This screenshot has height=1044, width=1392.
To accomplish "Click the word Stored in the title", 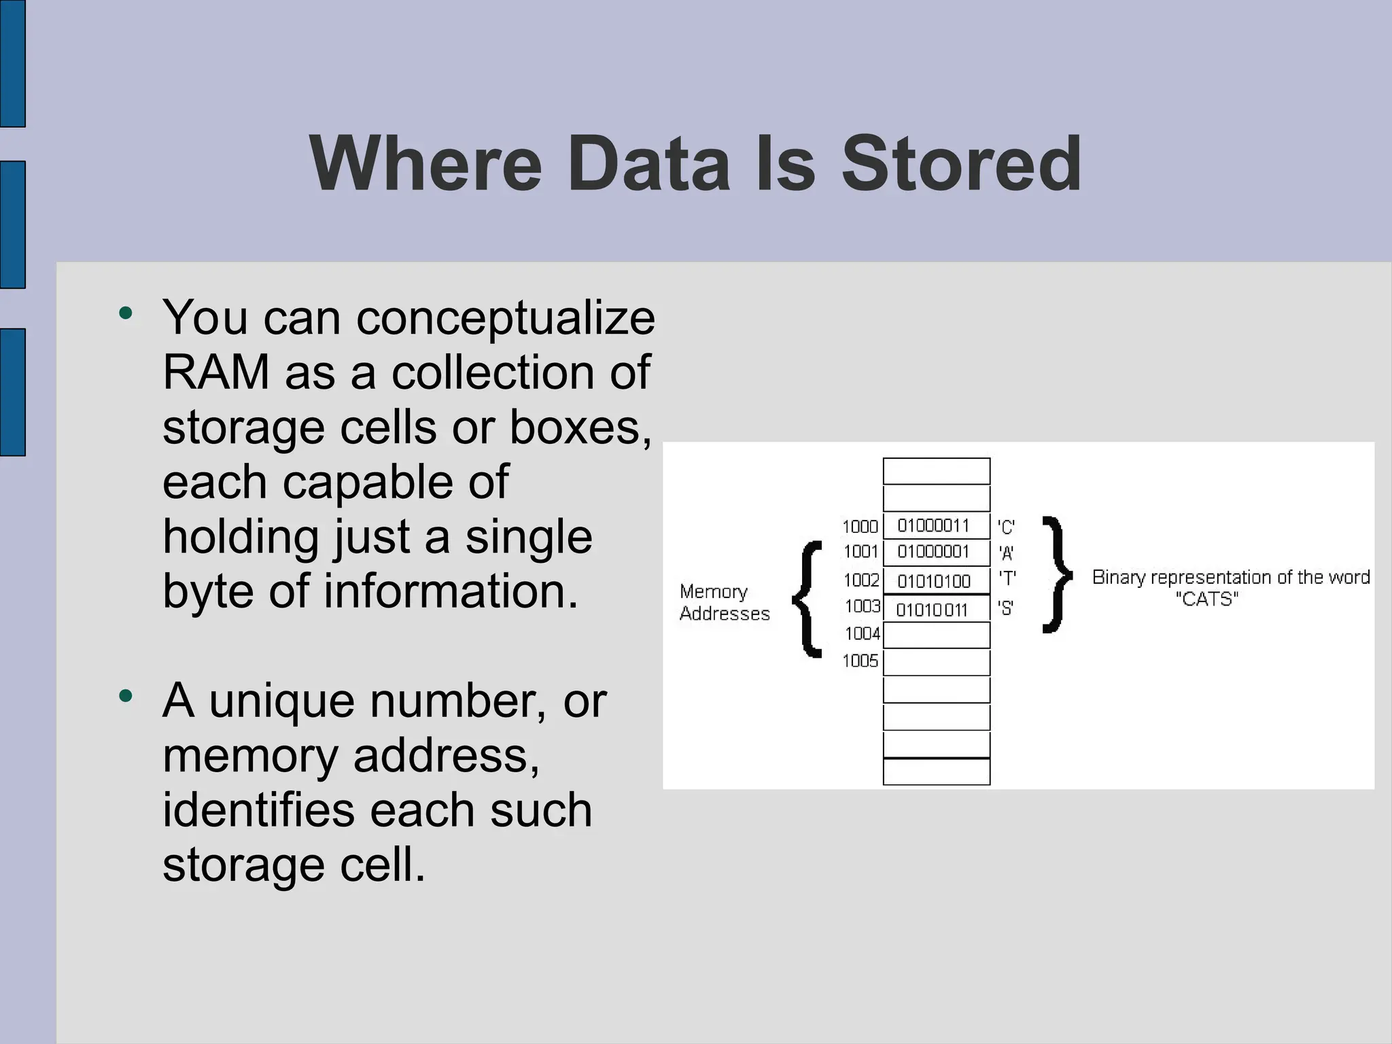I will pos(961,164).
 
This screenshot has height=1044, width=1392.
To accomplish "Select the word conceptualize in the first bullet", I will pos(506,318).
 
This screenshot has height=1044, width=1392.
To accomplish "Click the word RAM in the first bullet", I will pos(216,372).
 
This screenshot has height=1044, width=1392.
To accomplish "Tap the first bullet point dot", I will pos(125,313).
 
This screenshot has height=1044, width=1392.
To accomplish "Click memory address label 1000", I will pos(860,527).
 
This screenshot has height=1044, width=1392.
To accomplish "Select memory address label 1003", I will pos(862,606).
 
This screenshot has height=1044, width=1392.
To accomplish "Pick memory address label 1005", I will pos(860,661).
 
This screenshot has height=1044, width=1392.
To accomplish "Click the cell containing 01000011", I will pos(936,525).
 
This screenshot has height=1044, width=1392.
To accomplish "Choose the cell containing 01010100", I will pos(936,581).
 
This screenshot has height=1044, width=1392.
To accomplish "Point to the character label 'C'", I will pos(1006,527).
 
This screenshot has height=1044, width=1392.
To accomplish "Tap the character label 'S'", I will pos(1006,608).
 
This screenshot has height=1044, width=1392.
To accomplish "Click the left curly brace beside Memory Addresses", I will pos(807,599).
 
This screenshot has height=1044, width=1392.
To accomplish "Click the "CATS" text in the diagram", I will pos(1207,599).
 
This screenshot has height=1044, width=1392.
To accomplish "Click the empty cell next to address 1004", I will pos(936,636).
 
